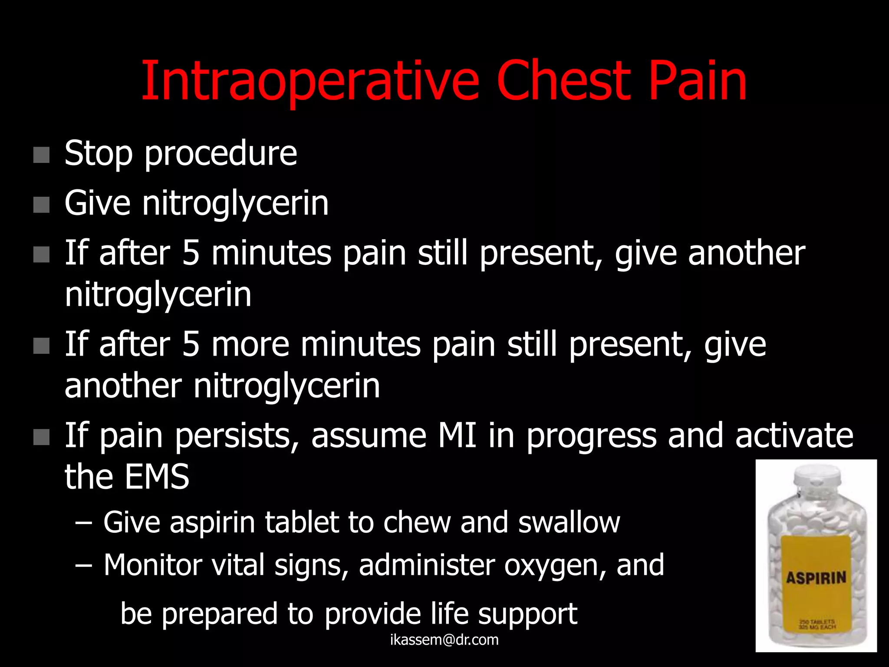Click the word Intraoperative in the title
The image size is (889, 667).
(x=310, y=82)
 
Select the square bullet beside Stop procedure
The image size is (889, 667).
(x=41, y=155)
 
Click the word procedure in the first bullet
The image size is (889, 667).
(x=221, y=154)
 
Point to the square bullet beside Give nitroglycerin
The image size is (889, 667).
(x=41, y=205)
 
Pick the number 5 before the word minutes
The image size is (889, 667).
(x=191, y=253)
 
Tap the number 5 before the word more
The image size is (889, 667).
(x=191, y=345)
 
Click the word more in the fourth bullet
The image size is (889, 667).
(x=250, y=345)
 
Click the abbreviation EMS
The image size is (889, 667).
(x=157, y=477)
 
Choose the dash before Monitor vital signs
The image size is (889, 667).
(x=83, y=565)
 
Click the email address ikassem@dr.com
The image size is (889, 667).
(x=444, y=640)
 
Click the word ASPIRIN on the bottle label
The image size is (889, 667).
(x=816, y=578)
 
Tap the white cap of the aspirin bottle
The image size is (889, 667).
(x=817, y=476)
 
